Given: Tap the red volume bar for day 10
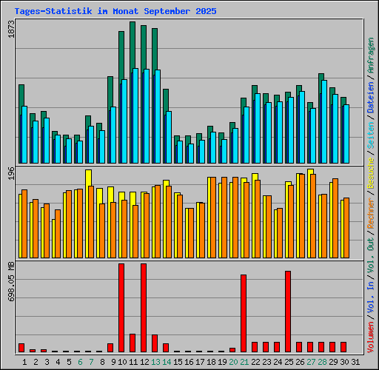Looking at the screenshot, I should pyautogui.click(x=121, y=307).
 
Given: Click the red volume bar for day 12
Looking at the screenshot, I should pyautogui.click(x=144, y=307).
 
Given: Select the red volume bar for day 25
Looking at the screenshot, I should pyautogui.click(x=288, y=311).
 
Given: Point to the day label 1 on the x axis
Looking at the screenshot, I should pyautogui.click(x=24, y=362).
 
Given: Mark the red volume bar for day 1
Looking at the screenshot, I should pyautogui.click(x=21, y=347).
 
